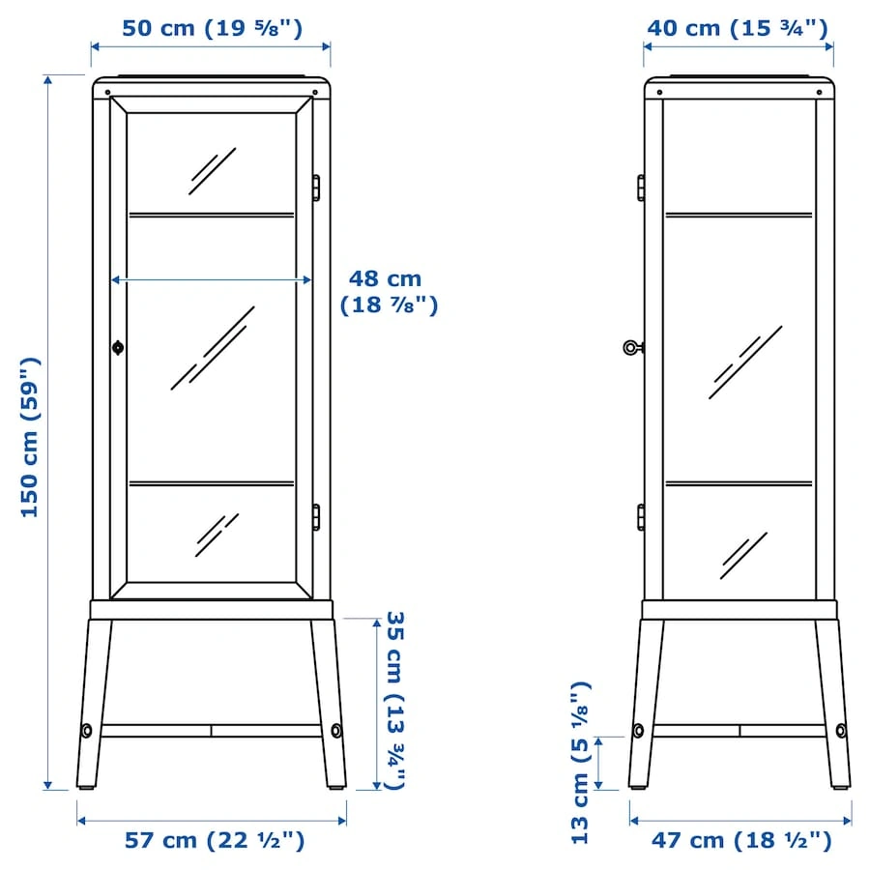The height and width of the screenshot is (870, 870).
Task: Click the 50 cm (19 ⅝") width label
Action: click(212, 28)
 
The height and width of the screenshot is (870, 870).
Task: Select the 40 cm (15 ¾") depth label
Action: click(738, 28)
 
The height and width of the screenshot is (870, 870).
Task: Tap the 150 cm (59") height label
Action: click(30, 438)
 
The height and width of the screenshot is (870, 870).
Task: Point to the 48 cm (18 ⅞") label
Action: click(389, 292)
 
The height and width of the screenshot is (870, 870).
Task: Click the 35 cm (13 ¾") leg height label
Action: click(395, 700)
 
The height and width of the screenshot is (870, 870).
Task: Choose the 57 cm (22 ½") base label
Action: click(215, 840)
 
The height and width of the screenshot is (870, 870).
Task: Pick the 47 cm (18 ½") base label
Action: click(741, 840)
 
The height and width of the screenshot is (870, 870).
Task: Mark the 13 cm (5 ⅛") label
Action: click(580, 763)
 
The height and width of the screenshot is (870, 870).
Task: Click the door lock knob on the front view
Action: click(118, 348)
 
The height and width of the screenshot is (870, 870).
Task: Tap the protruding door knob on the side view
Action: click(632, 348)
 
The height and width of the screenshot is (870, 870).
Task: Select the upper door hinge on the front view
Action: click(316, 188)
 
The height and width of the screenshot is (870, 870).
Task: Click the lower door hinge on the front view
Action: click(316, 517)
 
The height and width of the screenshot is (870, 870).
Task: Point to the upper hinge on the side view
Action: click(641, 188)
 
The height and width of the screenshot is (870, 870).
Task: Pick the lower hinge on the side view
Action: click(641, 517)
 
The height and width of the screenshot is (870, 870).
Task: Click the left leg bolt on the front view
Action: click(87, 730)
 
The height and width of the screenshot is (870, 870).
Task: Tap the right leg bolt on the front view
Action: click(336, 730)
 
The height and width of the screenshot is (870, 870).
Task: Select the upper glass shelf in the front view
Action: click(212, 215)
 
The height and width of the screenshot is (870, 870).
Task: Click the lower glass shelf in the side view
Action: click(739, 484)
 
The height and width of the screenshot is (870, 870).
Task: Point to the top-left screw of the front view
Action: click(107, 92)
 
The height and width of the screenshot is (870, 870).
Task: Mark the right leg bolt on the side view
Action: click(841, 730)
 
